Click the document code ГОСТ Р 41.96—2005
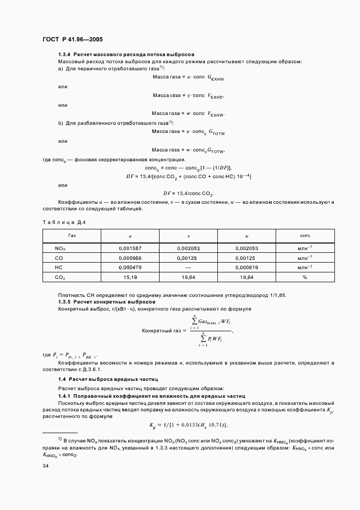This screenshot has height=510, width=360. pyautogui.click(x=72, y=40)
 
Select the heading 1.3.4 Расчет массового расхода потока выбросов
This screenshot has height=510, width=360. pyautogui.click(x=126, y=54)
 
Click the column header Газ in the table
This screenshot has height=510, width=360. pyautogui.click(x=72, y=235)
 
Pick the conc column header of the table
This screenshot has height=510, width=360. pyautogui.click(x=305, y=235)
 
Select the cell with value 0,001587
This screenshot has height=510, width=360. pyautogui.click(x=130, y=248)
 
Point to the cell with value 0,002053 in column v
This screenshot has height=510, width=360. pyautogui.click(x=188, y=248)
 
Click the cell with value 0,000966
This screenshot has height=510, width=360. pyautogui.click(x=130, y=258)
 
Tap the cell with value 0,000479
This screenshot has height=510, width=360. pyautogui.click(x=130, y=268)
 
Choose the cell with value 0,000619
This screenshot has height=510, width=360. pyautogui.click(x=247, y=268)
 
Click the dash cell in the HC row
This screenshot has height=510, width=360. pyautogui.click(x=188, y=268)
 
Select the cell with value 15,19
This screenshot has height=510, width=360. pyautogui.click(x=130, y=277)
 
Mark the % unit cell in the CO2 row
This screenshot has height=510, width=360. pyautogui.click(x=305, y=277)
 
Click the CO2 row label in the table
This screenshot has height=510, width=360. pyautogui.click(x=60, y=277)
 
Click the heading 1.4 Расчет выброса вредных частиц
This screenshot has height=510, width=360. pyautogui.click(x=108, y=378)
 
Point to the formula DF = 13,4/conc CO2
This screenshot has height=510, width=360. pyautogui.click(x=188, y=193)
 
